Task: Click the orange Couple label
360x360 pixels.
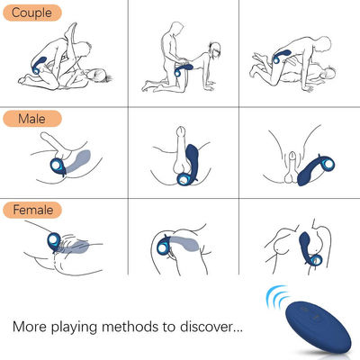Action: click(x=32, y=13)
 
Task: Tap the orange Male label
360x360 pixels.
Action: click(x=32, y=119)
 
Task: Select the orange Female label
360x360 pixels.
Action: click(x=32, y=210)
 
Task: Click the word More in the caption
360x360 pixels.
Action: click(x=30, y=326)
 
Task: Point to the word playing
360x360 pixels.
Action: click(x=74, y=327)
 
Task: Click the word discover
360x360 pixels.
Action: click(x=206, y=326)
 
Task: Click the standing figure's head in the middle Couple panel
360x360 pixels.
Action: click(x=177, y=29)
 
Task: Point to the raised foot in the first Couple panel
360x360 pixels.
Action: click(x=71, y=29)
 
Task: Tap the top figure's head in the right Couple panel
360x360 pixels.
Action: click(x=324, y=44)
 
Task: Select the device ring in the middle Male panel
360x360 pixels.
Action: click(x=184, y=179)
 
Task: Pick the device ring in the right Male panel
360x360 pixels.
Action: click(x=327, y=165)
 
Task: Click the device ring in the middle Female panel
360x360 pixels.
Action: click(x=163, y=247)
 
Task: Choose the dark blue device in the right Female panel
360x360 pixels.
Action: click(x=309, y=248)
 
